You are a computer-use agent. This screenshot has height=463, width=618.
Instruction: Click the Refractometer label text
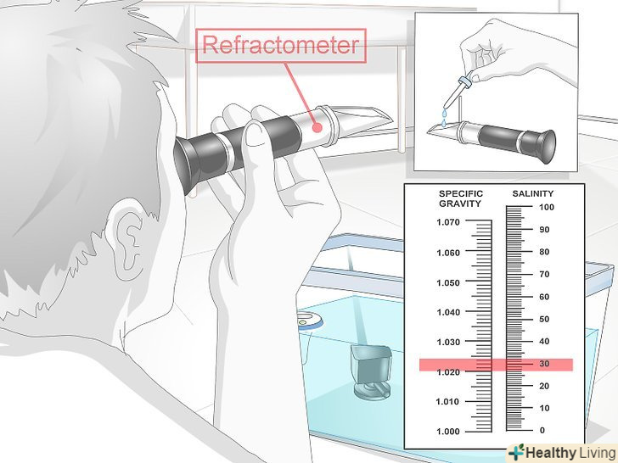(281, 45)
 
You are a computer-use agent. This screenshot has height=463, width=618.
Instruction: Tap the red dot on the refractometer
(317, 127)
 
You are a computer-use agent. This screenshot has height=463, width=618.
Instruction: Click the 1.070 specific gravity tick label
(448, 222)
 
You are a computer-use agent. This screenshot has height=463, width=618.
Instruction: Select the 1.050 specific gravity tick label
(448, 282)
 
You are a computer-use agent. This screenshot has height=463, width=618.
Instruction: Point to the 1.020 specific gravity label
(448, 372)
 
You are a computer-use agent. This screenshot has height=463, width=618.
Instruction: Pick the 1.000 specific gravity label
(448, 431)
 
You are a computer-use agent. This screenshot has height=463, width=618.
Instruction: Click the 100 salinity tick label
(547, 207)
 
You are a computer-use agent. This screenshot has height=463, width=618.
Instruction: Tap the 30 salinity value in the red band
(544, 364)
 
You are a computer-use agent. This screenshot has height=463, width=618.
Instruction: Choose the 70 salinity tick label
(544, 274)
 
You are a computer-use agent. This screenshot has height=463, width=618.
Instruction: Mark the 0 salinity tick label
(542, 430)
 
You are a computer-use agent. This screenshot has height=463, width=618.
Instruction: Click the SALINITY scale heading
(533, 193)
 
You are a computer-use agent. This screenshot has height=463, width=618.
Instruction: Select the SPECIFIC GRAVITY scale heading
(461, 198)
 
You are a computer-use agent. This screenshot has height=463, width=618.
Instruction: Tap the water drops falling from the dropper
(445, 118)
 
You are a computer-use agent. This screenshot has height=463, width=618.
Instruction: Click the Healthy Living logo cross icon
(517, 452)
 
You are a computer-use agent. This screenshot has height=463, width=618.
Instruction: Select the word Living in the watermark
(597, 453)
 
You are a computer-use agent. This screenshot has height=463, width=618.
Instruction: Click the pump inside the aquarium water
(371, 371)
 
